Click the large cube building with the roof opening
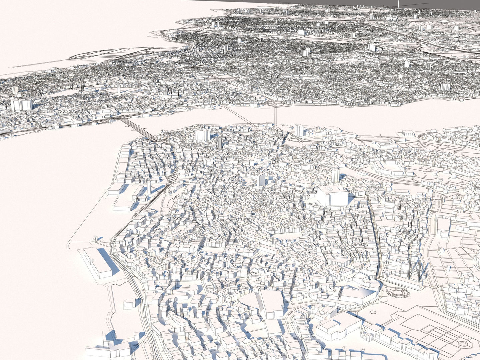pyautogui.click(x=332, y=196)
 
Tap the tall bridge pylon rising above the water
pyautogui.click(x=275, y=115)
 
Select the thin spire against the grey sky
pyautogui.click(x=398, y=4)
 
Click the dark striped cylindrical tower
pyautogui.click(x=220, y=142)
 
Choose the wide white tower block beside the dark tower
pyautogui.click(x=203, y=135)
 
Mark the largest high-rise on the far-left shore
pyautogui.click(x=22, y=104)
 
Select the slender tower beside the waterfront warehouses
pyautogui.click(x=149, y=188)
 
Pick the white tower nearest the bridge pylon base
pyautogui.click(x=299, y=130)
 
